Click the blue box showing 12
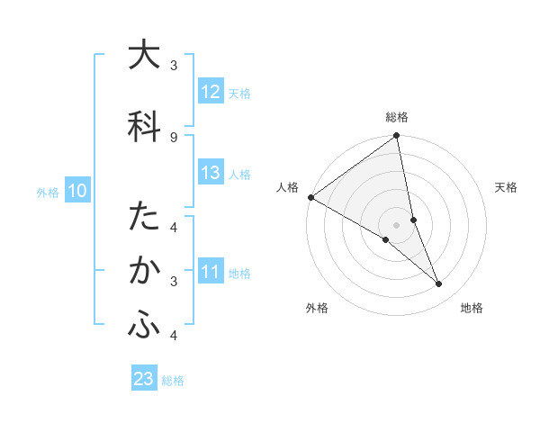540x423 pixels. pos(211,91)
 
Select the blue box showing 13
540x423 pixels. pos(211,173)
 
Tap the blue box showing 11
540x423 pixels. pos(211,272)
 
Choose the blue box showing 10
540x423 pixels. pos(77,191)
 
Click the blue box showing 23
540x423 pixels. pos(144,379)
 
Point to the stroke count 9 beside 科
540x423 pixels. pos(173,137)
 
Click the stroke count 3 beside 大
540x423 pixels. pos(173,65)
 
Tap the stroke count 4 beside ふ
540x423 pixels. pos(173,336)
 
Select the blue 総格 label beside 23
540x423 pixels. pos(173,381)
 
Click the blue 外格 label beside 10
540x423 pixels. pos(48,192)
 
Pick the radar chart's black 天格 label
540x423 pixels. pos(507,187)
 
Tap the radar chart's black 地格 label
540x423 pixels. pos(472,308)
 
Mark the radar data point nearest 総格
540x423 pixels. pos(397,137)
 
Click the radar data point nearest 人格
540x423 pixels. pos(310,197)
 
